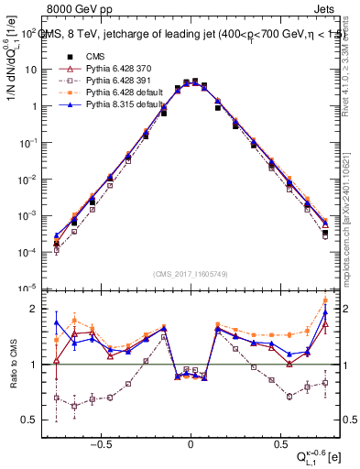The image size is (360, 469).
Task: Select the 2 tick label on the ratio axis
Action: click(x=32, y=309)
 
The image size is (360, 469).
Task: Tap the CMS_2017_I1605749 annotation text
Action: click(x=191, y=274)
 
